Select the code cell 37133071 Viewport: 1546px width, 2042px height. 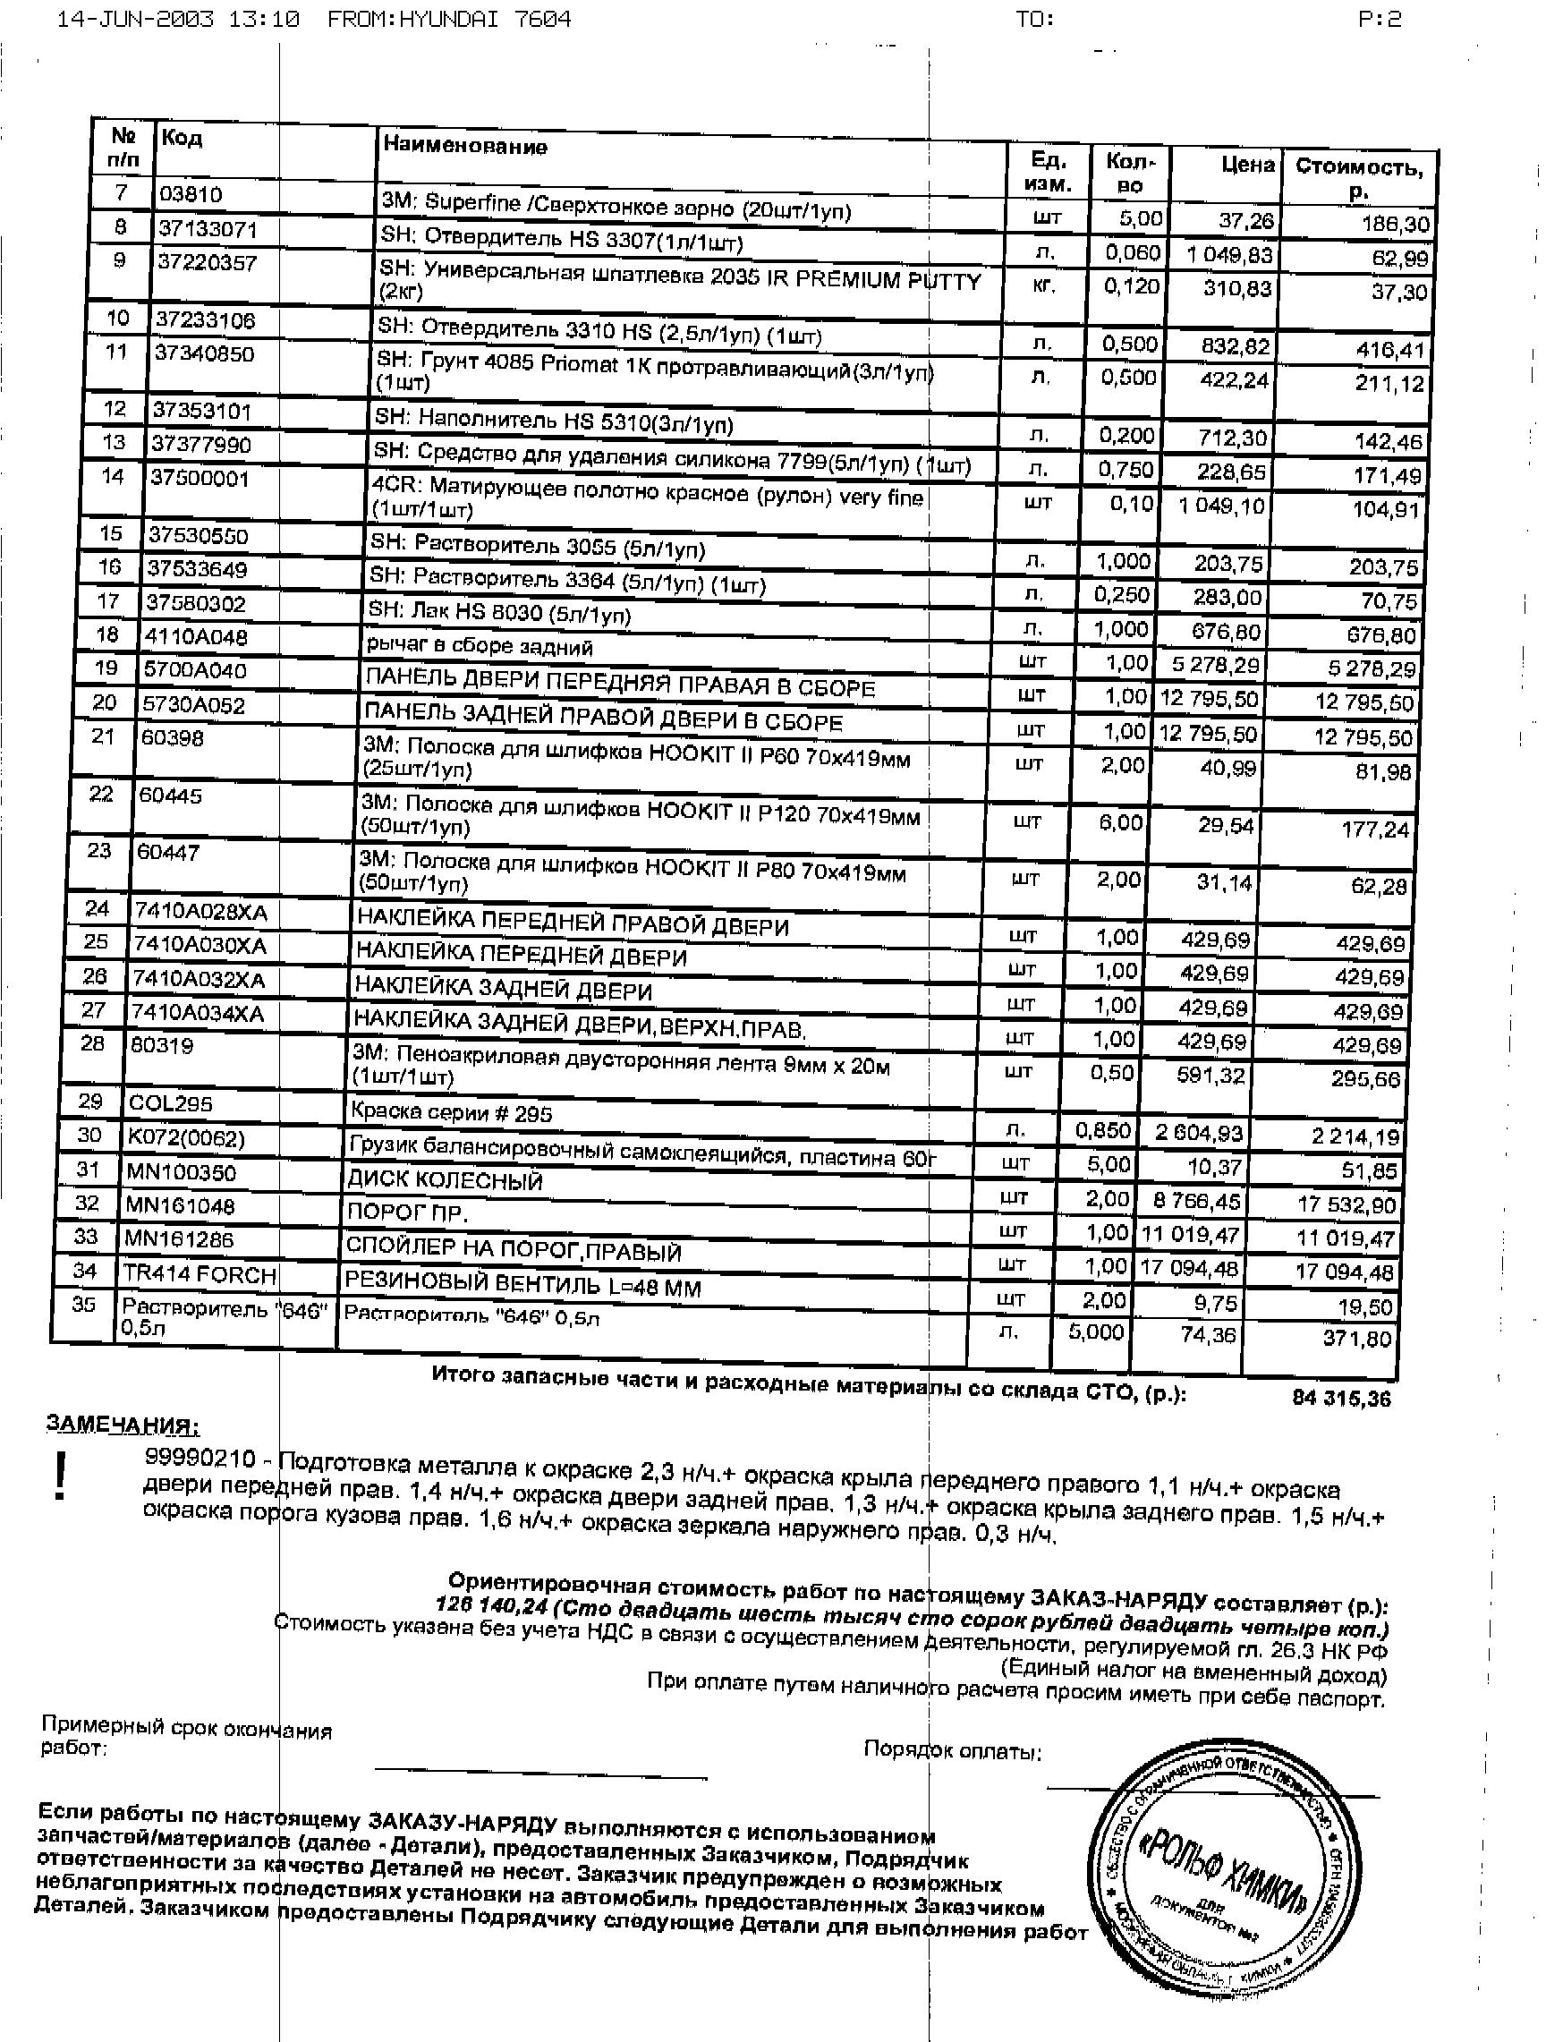[x=207, y=229]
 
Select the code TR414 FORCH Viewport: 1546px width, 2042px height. [x=200, y=1275]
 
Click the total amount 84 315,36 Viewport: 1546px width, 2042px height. [x=1341, y=1398]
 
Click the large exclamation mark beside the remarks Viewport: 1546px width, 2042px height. [x=61, y=1476]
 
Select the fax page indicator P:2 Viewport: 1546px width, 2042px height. [x=1379, y=20]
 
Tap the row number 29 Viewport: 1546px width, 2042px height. [x=90, y=1101]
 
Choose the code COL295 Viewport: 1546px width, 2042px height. [x=171, y=1103]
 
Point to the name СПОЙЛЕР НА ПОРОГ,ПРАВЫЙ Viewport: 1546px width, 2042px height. [x=514, y=1250]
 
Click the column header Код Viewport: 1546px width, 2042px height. [x=181, y=139]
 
